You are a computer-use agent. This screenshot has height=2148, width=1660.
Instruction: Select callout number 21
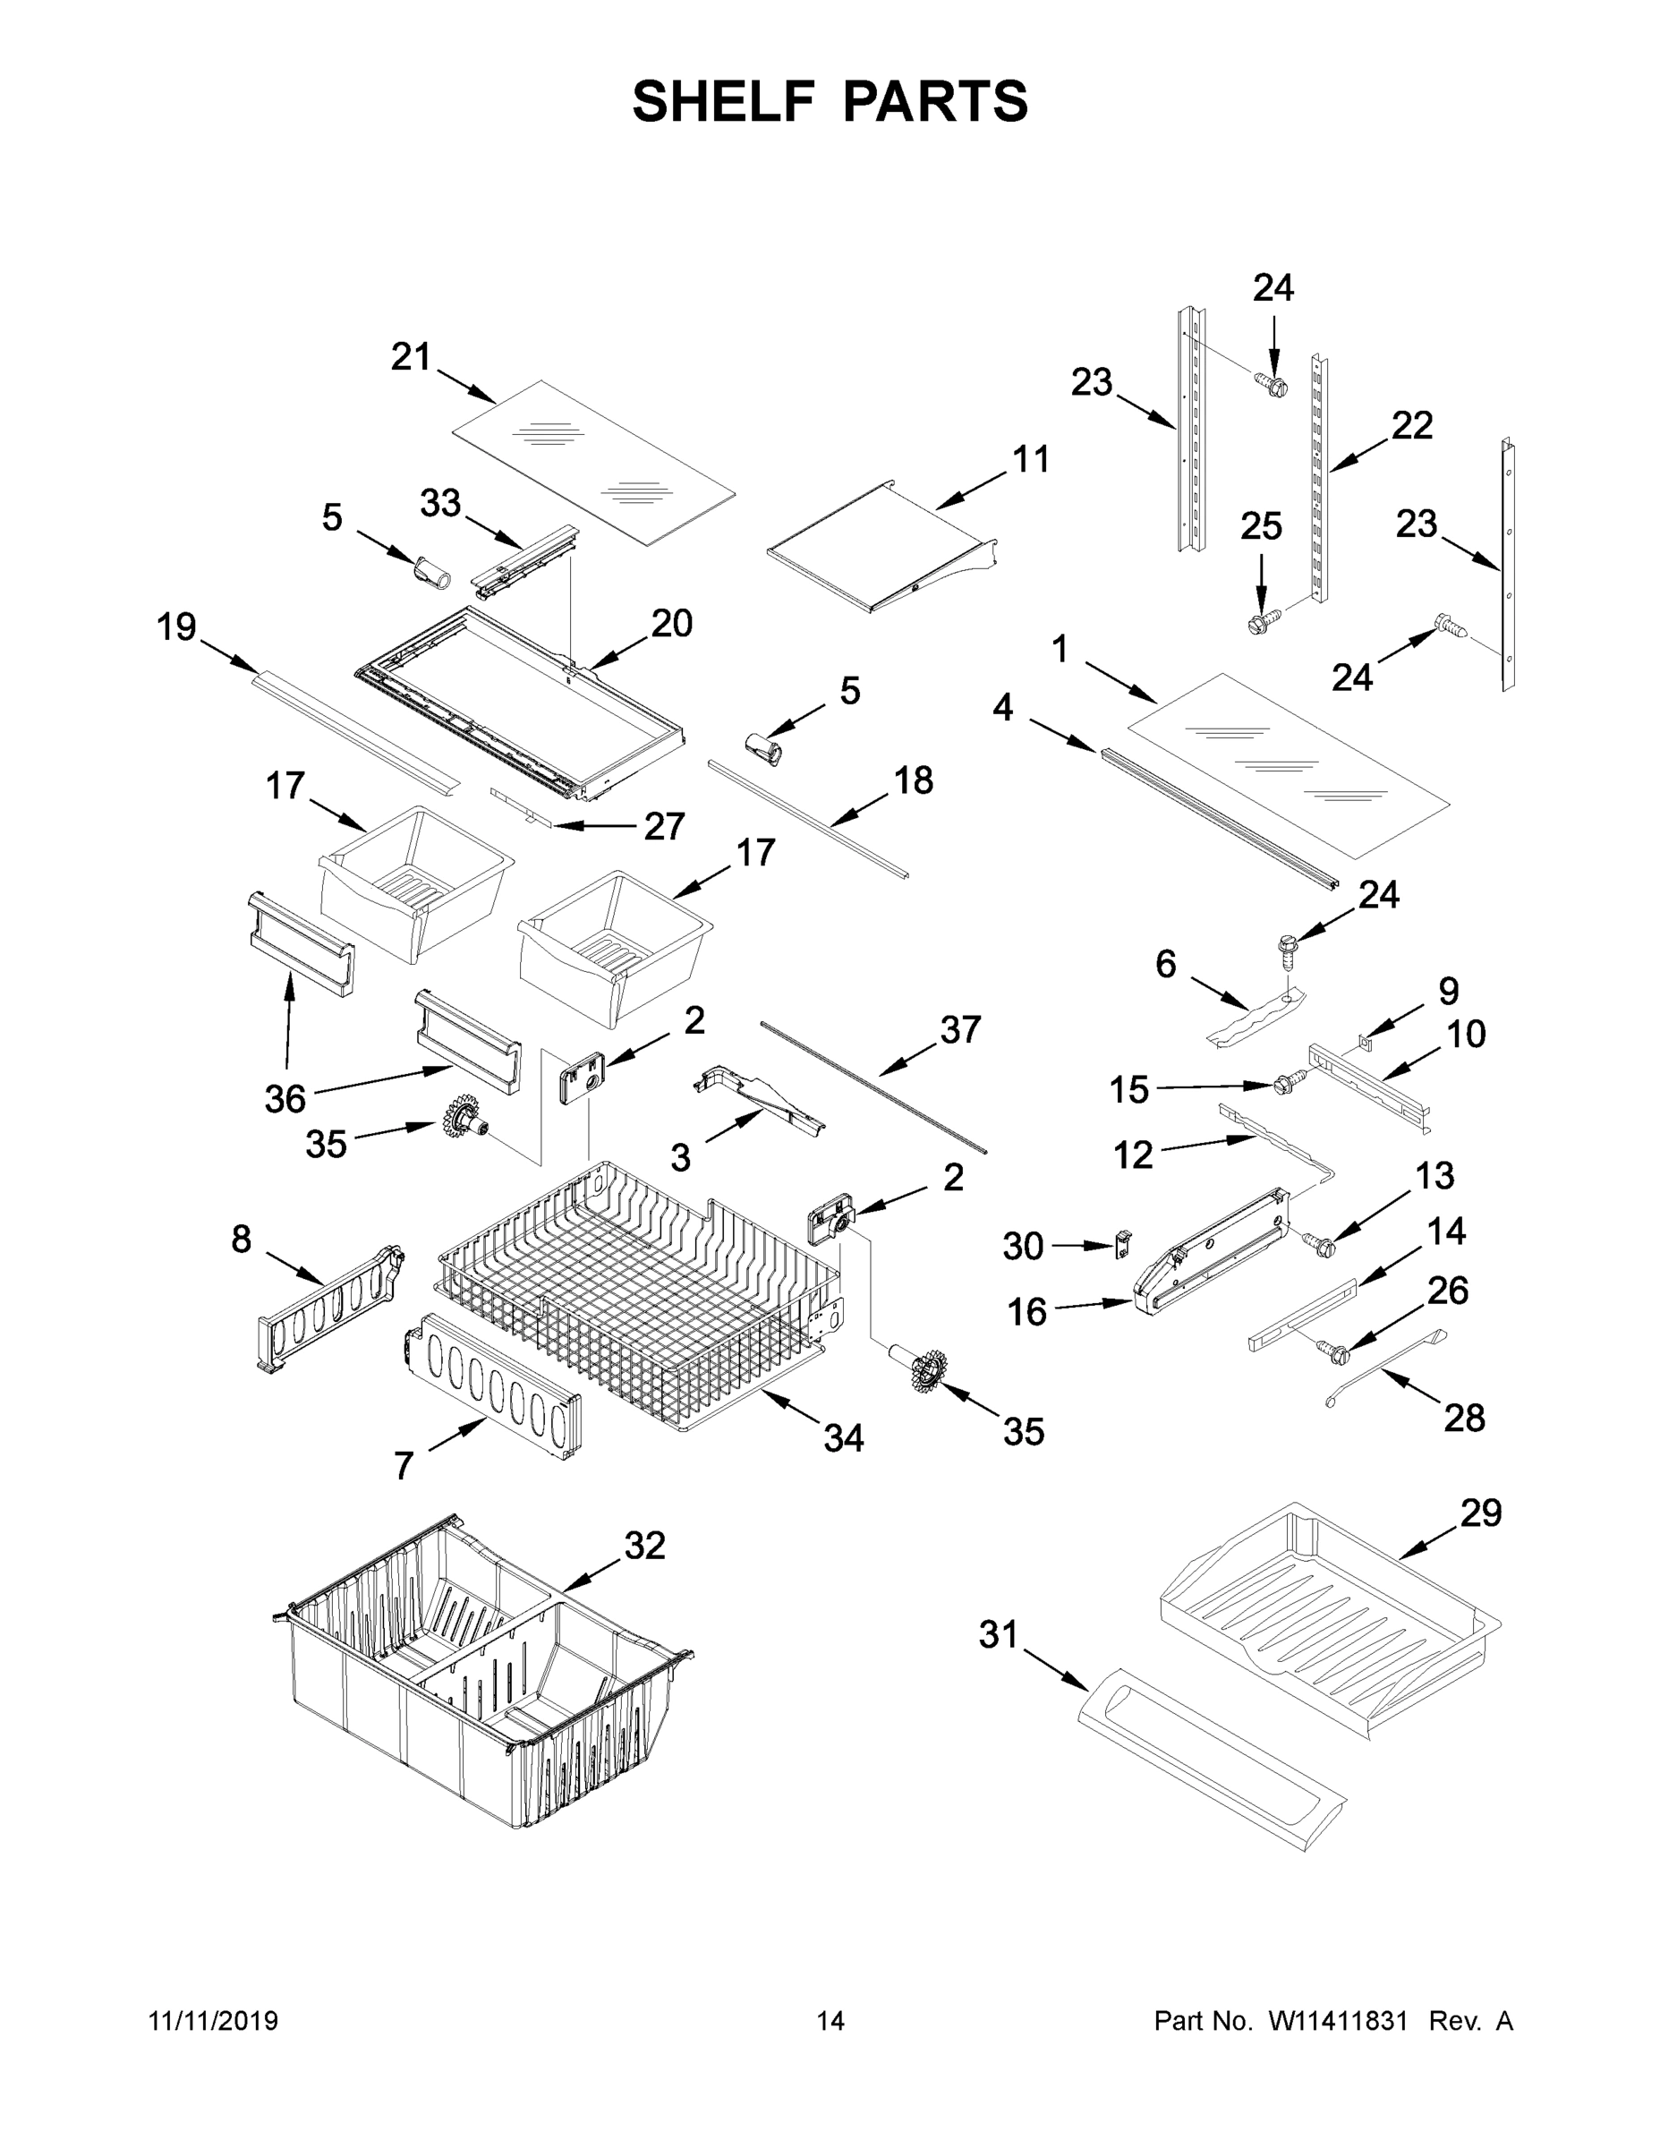[x=410, y=356]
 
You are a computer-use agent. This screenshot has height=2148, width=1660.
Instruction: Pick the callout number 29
[x=1480, y=1512]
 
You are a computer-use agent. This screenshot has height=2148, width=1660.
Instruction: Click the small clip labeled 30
[x=1121, y=1243]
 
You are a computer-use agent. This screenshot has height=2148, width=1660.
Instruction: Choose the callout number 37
[x=960, y=1030]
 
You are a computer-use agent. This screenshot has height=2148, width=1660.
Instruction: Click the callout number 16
[x=1026, y=1312]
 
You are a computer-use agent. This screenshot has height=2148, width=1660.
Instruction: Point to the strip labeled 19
[x=354, y=733]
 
